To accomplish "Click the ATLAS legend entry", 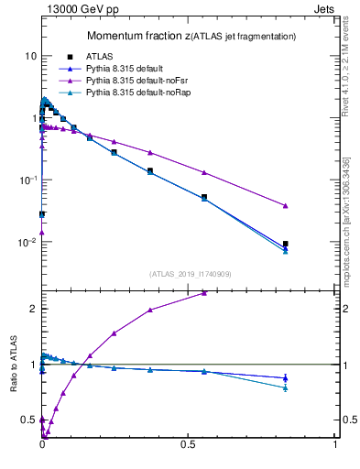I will (x=98, y=56).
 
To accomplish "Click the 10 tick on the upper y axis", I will (x=30, y=56).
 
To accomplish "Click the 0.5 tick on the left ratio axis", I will (x=28, y=420).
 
